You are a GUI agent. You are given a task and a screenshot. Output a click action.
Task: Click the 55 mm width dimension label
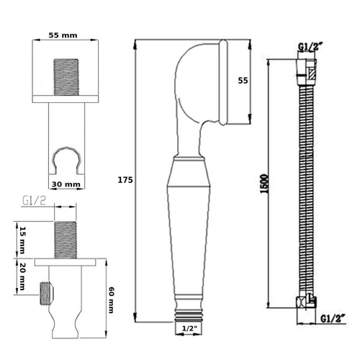(x=63, y=35)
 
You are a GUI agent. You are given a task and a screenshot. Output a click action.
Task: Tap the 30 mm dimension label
(x=66, y=184)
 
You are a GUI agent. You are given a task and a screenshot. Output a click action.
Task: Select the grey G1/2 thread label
(x=34, y=201)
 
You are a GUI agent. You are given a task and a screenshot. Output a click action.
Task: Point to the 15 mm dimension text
(x=23, y=240)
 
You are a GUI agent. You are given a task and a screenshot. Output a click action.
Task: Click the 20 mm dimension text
(x=22, y=276)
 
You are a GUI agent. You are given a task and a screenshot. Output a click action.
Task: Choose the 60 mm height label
(x=111, y=300)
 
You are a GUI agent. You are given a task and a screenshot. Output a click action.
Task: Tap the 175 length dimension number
(x=125, y=180)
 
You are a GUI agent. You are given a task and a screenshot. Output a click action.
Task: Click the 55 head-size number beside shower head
(x=243, y=81)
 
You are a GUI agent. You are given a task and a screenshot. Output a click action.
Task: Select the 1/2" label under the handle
(x=189, y=328)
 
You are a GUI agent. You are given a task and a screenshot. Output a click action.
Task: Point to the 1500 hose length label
(x=264, y=184)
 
